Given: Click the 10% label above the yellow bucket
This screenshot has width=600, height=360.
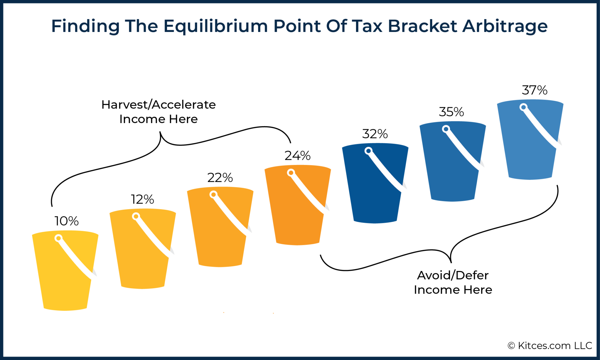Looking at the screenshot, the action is (x=67, y=221).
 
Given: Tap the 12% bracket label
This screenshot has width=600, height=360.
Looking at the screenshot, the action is (x=142, y=199).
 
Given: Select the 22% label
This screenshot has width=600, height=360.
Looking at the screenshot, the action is (x=220, y=178).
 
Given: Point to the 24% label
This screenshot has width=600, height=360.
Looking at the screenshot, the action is (x=297, y=156).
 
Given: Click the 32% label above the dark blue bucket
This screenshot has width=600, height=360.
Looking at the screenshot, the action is (x=375, y=134).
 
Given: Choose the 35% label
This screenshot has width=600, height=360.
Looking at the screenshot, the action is (x=451, y=112).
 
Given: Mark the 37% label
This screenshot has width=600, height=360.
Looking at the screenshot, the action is (x=534, y=90).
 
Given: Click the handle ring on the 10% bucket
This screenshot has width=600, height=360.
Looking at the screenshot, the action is (x=59, y=238).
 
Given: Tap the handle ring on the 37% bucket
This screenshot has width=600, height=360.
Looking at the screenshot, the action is (x=524, y=107).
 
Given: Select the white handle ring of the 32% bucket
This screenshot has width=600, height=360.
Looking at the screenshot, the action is (x=369, y=151).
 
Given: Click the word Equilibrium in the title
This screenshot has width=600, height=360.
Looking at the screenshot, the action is (x=215, y=26).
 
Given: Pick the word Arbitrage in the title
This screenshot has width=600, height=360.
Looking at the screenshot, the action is (x=505, y=26).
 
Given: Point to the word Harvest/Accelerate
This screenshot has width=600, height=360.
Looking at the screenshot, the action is (x=158, y=105).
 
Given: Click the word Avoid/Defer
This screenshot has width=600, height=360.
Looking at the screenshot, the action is (x=453, y=275).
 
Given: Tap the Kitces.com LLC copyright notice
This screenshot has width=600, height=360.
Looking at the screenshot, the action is (x=550, y=346).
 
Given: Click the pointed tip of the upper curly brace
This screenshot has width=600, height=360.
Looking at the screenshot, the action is (x=160, y=132).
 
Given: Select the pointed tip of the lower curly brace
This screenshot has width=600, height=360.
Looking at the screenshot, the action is (x=451, y=262).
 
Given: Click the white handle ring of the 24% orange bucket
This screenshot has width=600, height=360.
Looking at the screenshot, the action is (x=291, y=173).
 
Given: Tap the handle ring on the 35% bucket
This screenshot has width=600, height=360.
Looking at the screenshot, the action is (x=446, y=129).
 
